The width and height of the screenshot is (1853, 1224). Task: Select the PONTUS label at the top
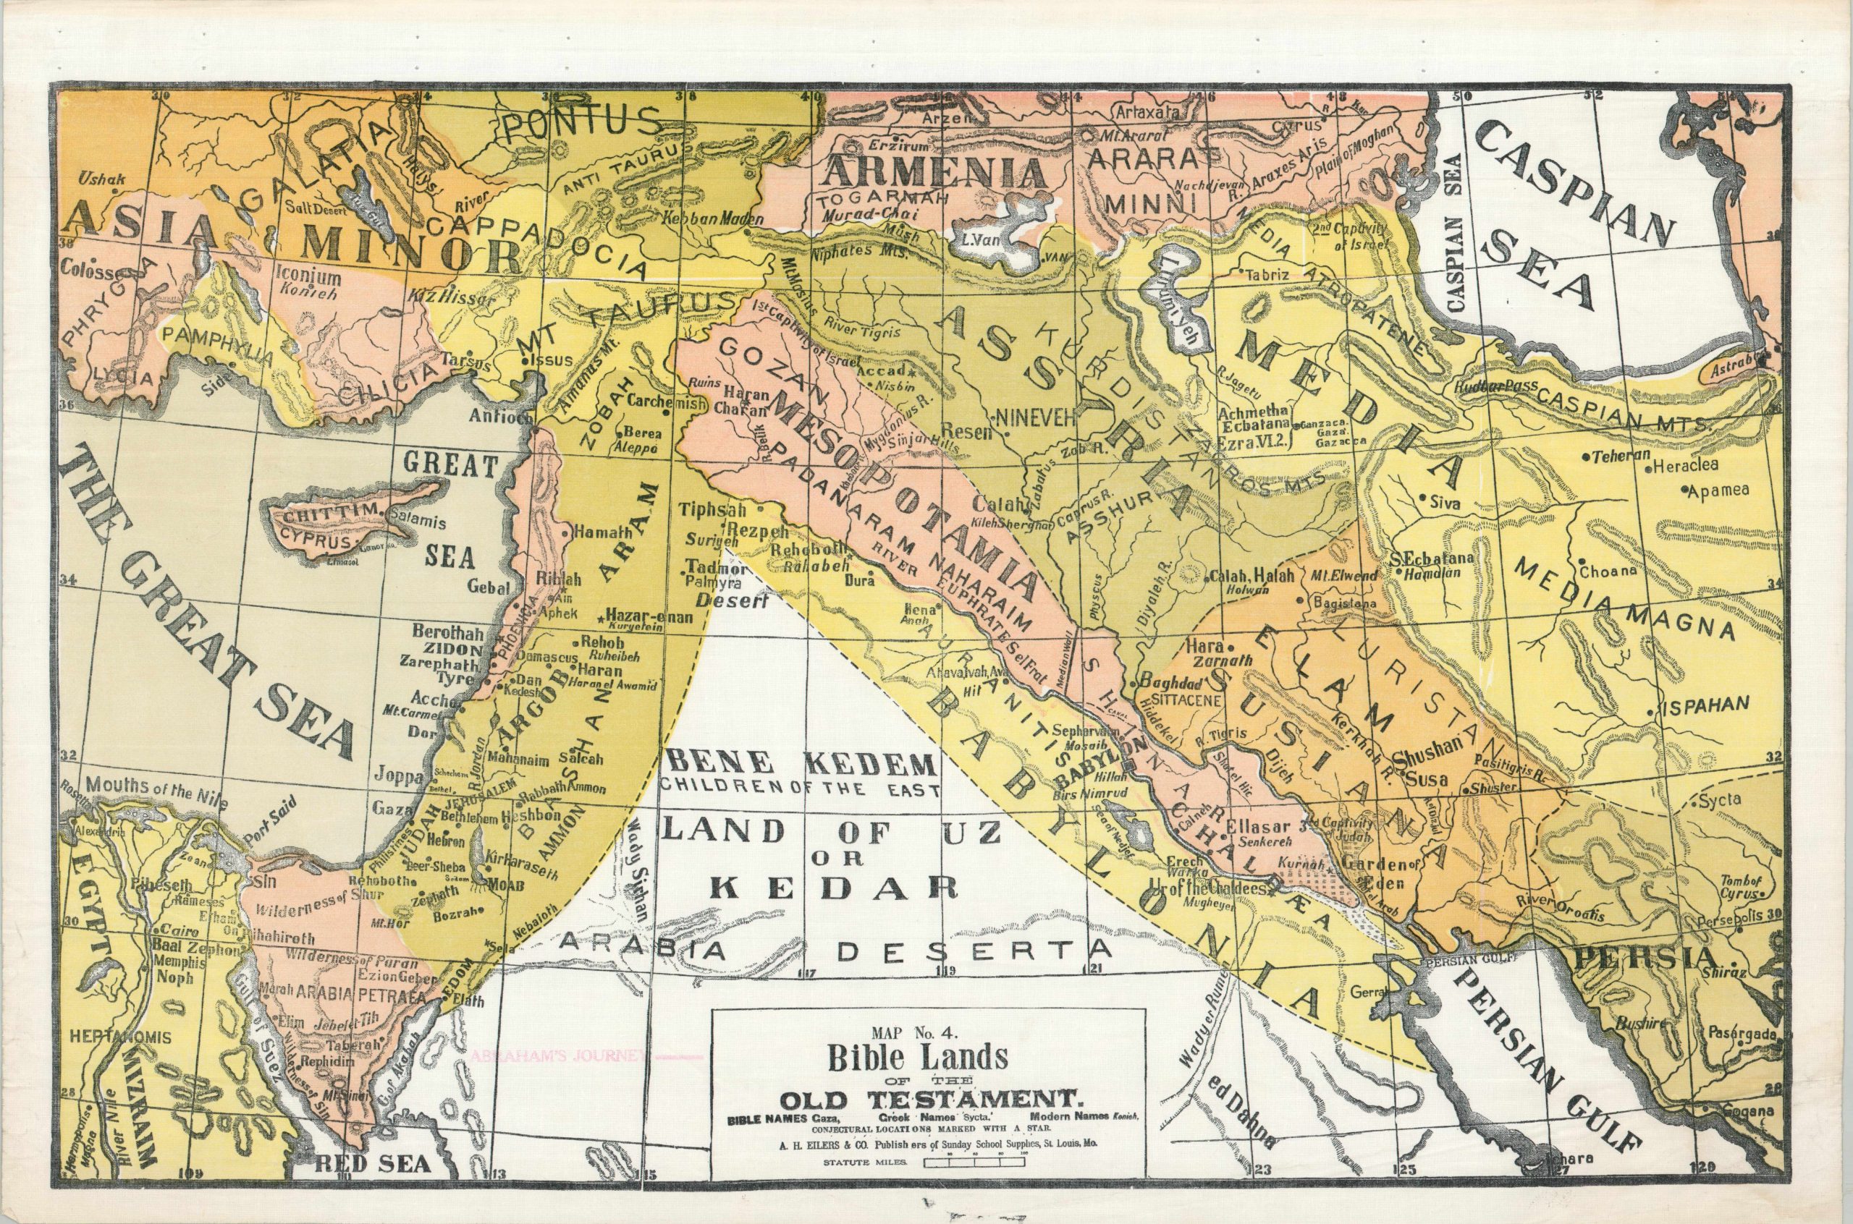pos(582,125)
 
